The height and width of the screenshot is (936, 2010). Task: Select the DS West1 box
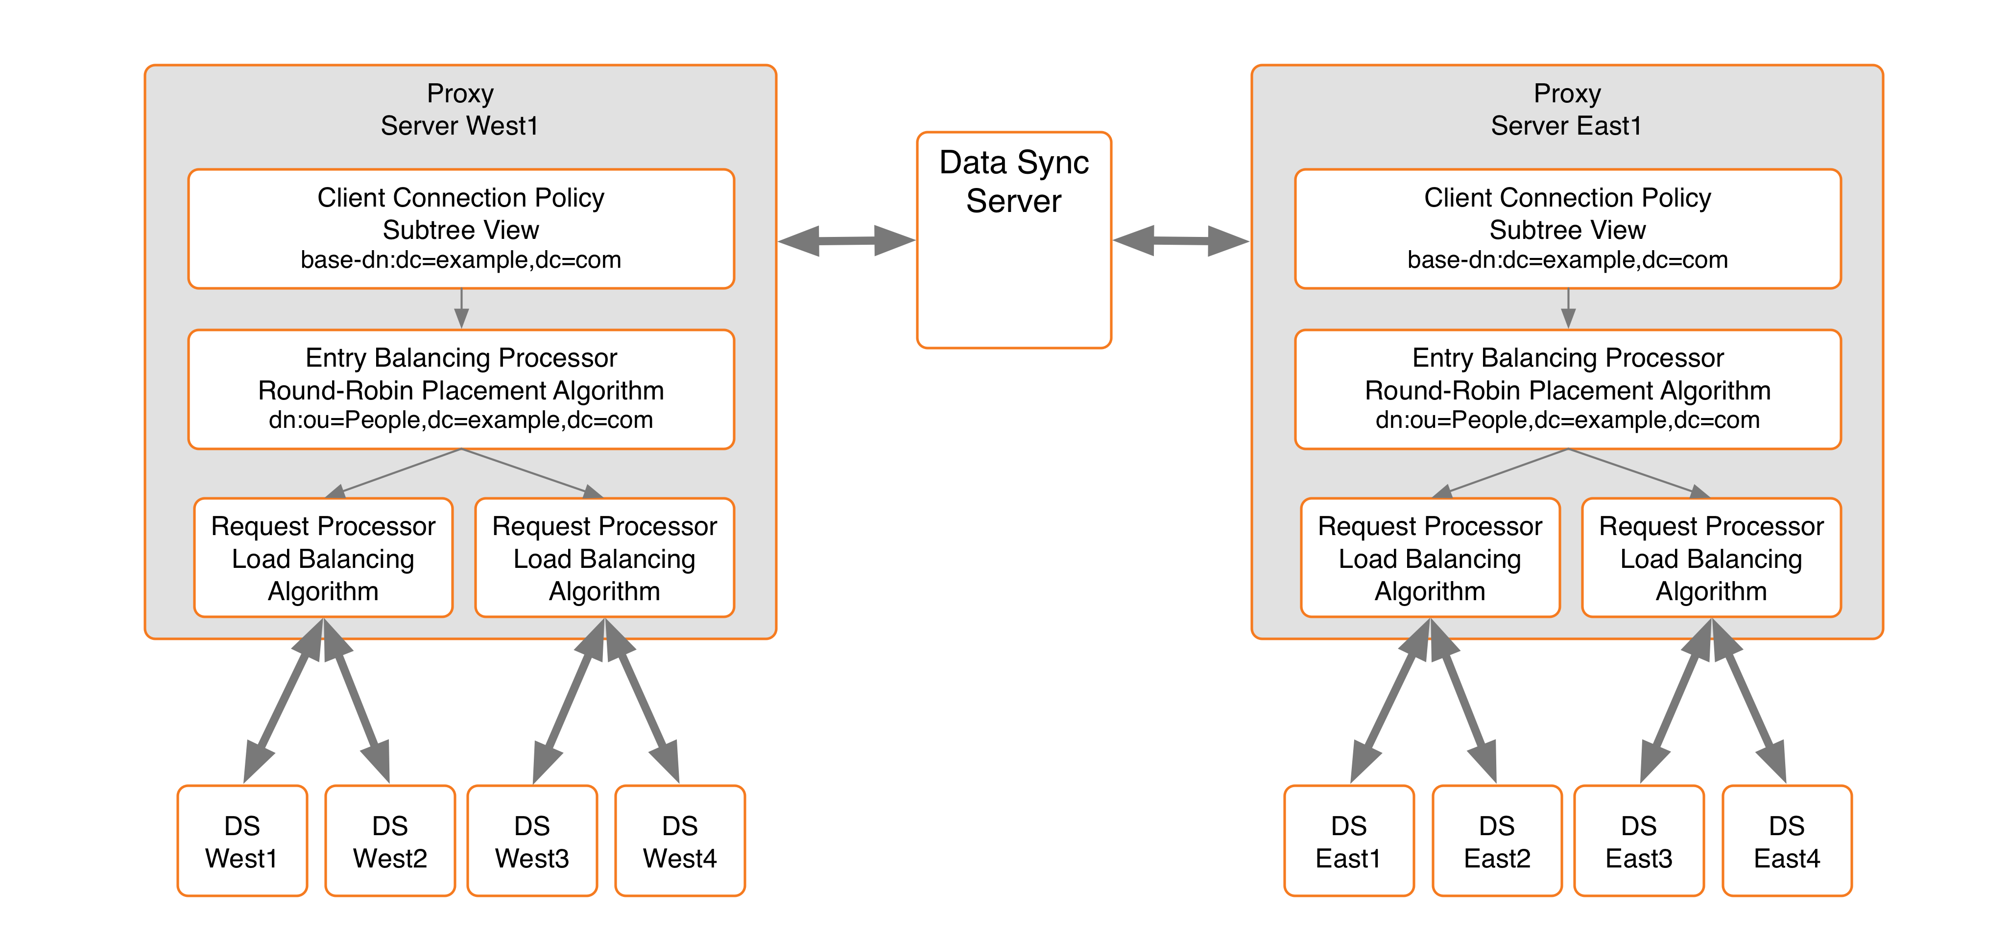pyautogui.click(x=242, y=841)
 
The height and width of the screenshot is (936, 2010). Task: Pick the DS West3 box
pyautogui.click(x=532, y=841)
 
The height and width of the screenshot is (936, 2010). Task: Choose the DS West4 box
pyautogui.click(x=680, y=841)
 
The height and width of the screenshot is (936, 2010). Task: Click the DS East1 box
pyautogui.click(x=1348, y=841)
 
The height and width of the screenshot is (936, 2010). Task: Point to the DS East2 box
pyautogui.click(x=1497, y=841)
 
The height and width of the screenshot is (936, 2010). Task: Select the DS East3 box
pyautogui.click(x=1639, y=841)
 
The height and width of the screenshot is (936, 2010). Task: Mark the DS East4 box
pyautogui.click(x=1787, y=841)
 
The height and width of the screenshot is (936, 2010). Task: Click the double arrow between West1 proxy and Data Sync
pyautogui.click(x=847, y=241)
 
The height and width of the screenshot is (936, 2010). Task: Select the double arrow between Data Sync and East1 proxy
pyautogui.click(x=1180, y=241)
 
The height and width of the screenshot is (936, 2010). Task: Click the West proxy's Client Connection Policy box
pyautogui.click(x=461, y=229)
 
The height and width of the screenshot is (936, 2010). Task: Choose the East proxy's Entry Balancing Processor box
pyautogui.click(x=1568, y=389)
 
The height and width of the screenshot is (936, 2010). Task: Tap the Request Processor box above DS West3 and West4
pyautogui.click(x=605, y=558)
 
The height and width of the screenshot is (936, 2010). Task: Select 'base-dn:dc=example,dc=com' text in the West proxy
pyautogui.click(x=461, y=260)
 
